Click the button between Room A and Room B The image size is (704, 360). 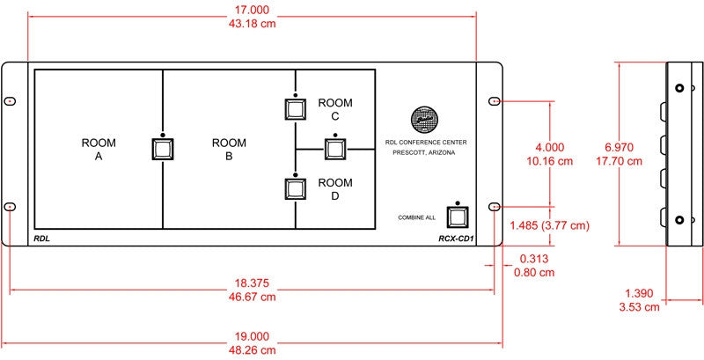click(x=162, y=149)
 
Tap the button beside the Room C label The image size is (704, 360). click(x=295, y=109)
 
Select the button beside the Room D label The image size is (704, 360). click(x=295, y=189)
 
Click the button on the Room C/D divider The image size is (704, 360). click(x=335, y=149)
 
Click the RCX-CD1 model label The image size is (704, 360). click(x=456, y=239)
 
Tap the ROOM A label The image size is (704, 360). click(x=99, y=150)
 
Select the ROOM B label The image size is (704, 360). click(x=229, y=150)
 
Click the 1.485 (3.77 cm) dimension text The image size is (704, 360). click(x=549, y=226)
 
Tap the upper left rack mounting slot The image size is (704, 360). click(x=10, y=101)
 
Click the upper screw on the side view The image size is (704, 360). click(x=679, y=88)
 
